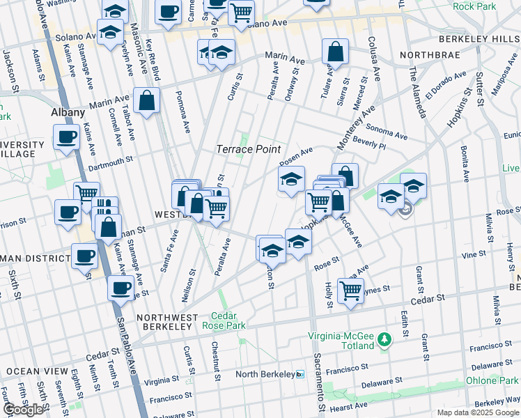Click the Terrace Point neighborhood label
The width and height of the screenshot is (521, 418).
pos(248,149)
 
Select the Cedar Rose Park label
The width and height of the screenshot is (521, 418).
pos(224,320)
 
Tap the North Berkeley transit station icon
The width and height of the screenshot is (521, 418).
pos(300,374)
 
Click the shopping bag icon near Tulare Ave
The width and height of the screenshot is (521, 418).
pos(335,52)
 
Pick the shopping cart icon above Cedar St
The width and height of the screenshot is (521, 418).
pos(350,290)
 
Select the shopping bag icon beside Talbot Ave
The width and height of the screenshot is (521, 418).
pos(148,100)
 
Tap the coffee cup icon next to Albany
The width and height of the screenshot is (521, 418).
pos(66,137)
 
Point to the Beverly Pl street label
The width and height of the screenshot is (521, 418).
pos(369,145)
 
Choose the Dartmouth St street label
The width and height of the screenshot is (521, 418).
pos(110,164)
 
